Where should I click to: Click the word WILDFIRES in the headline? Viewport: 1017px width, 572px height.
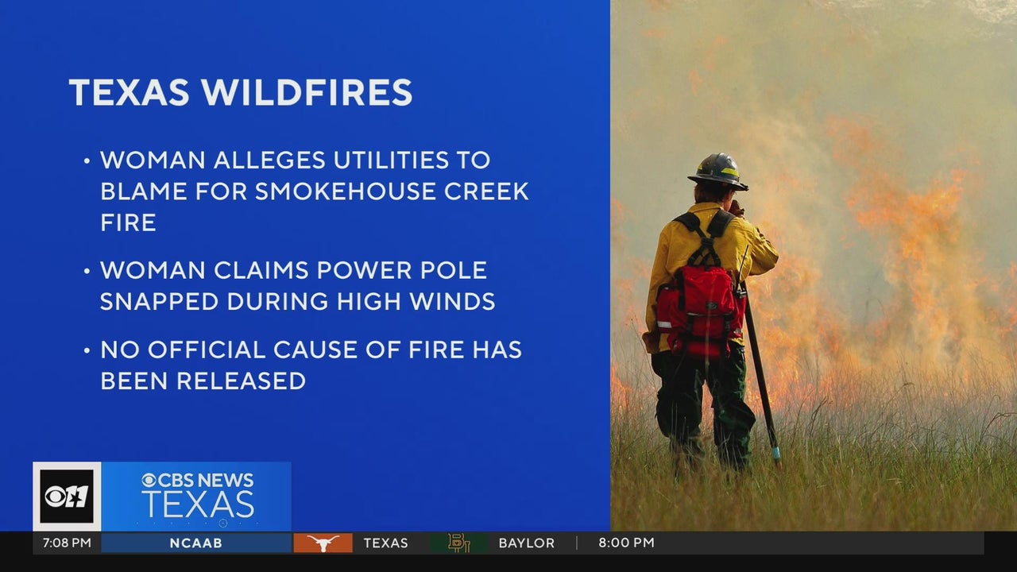coord(307,92)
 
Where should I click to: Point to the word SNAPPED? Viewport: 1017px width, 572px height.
coord(159,301)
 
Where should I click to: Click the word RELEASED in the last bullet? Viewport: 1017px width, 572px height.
coord(241,381)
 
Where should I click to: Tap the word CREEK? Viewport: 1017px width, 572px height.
coord(486,191)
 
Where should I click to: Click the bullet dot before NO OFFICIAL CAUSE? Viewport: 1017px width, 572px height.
coord(87,351)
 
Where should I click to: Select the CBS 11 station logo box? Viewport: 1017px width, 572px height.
coord(67,497)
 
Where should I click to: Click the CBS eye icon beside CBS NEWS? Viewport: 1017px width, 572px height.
coord(149,481)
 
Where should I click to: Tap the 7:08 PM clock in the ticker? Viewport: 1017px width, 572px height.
coord(67,543)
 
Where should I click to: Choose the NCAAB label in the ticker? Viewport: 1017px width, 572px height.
coord(196,543)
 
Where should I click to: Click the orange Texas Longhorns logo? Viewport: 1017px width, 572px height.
coord(323,543)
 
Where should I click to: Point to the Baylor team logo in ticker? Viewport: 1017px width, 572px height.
coord(459,543)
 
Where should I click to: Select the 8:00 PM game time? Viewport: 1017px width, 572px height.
coord(627,543)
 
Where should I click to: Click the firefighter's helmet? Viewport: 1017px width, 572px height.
coord(718,172)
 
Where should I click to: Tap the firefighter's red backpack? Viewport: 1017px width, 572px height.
coord(699,311)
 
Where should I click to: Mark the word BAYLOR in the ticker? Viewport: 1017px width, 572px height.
coord(527,543)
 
